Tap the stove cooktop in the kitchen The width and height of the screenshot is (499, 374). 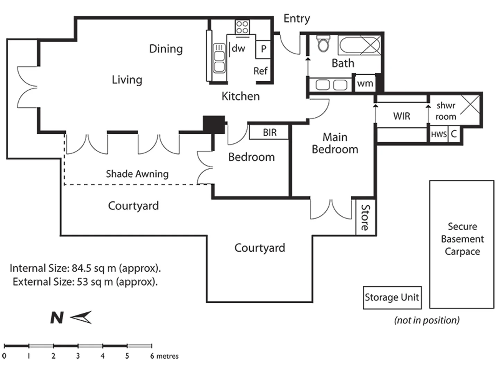tap(242, 27)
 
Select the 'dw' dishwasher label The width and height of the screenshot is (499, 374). tap(238, 48)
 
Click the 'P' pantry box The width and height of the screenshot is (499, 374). tap(263, 49)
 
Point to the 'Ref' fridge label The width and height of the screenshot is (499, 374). tap(260, 71)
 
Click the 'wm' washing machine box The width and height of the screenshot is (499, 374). tap(365, 83)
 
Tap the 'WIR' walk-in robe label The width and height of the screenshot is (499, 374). tap(402, 116)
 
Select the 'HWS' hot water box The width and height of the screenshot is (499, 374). tap(439, 134)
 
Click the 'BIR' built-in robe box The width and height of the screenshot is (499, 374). tap(269, 132)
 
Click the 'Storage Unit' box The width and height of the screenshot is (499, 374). tap(392, 297)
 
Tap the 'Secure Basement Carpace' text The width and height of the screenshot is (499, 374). tap(462, 239)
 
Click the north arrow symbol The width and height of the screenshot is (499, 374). tap(81, 317)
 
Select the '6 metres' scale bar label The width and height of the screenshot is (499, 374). tap(165, 356)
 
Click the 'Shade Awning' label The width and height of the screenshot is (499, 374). tap(137, 173)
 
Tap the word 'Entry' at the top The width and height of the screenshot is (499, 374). tap(297, 18)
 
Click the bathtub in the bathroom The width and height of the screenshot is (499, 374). tap(359, 46)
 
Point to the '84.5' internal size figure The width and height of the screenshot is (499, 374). tap(81, 268)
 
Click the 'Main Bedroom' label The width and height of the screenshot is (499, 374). tap(335, 143)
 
